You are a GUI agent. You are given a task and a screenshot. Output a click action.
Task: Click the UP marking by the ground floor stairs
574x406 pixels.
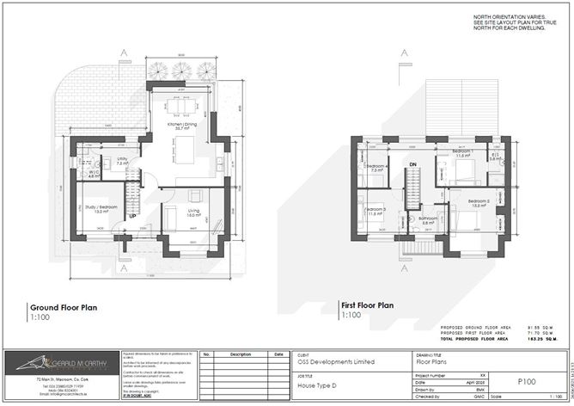[133, 216]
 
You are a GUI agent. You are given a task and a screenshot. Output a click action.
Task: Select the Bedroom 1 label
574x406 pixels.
[463, 152]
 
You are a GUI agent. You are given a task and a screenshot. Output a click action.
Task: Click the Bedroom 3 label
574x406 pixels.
[376, 210]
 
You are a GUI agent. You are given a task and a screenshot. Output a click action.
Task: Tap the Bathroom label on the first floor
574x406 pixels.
[428, 219]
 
